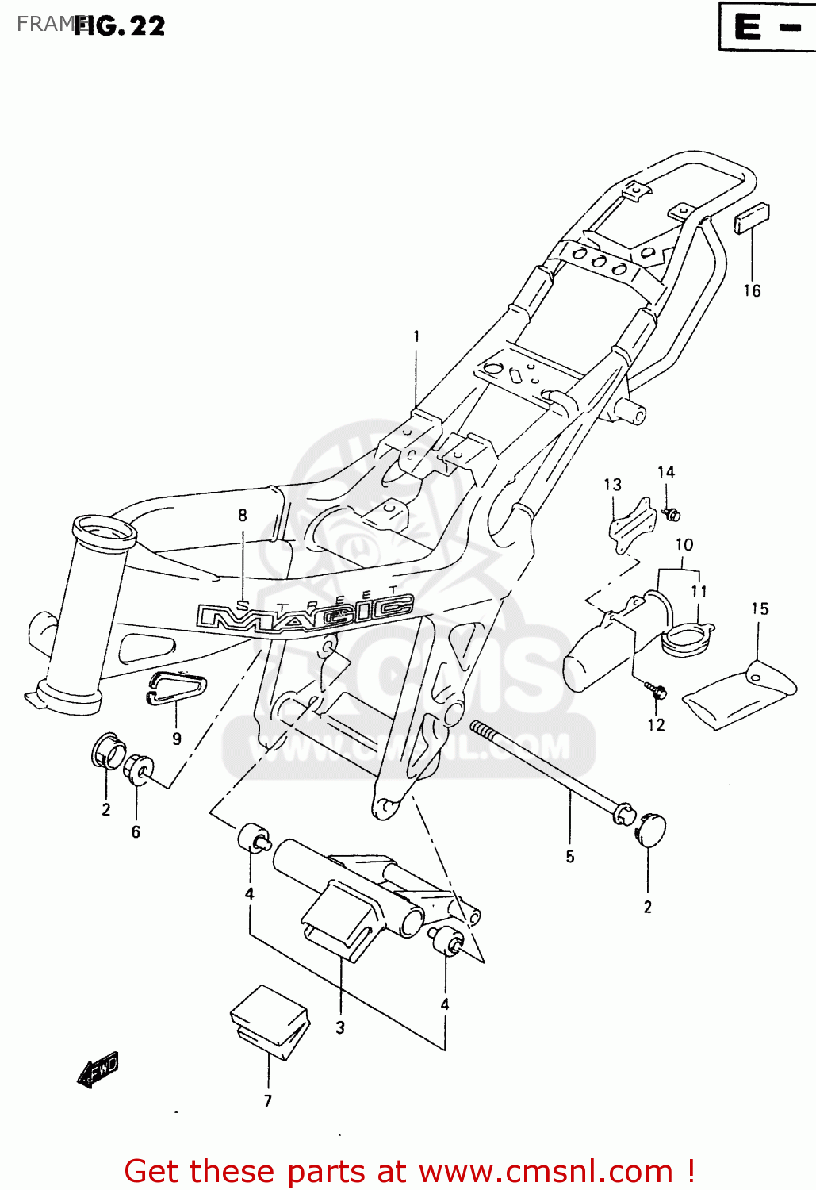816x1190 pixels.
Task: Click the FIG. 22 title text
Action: click(x=120, y=26)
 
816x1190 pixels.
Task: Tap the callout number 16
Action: click(x=752, y=291)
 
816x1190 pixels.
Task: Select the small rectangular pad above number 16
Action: click(x=752, y=217)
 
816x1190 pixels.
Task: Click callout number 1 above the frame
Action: click(x=416, y=336)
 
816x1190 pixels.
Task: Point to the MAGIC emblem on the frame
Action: click(x=305, y=613)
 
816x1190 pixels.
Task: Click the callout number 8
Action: click(x=243, y=516)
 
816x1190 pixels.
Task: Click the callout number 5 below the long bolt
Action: click(x=570, y=857)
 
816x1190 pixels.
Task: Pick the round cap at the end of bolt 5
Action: click(x=650, y=829)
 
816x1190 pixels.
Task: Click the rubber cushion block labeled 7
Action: click(x=269, y=1023)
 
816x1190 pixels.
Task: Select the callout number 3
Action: click(x=340, y=1028)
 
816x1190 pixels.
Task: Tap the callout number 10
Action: click(x=684, y=545)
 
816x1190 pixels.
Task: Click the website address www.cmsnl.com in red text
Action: click(x=545, y=1171)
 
